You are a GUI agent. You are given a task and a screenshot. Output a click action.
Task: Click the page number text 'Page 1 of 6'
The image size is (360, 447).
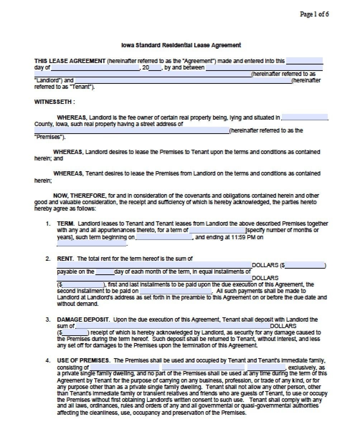(314, 14)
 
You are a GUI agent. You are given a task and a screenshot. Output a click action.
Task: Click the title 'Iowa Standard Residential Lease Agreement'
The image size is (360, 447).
(181, 45)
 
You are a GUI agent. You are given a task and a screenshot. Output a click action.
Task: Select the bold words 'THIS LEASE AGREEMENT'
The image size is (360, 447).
(70, 61)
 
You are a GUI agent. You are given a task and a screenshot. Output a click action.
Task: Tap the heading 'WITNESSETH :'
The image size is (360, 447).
(55, 102)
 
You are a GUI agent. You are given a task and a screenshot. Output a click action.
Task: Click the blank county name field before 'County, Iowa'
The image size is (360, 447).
(304, 117)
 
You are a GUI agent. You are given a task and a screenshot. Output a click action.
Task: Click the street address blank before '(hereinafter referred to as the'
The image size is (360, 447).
(132, 131)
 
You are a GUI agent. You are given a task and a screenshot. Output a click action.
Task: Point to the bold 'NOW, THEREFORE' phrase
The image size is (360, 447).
(79, 196)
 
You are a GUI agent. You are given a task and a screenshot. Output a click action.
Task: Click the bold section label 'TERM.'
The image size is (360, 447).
(66, 223)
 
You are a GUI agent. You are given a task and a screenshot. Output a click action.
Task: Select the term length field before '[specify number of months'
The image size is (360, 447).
(217, 230)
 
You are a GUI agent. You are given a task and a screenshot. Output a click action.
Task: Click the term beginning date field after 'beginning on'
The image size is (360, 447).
(164, 237)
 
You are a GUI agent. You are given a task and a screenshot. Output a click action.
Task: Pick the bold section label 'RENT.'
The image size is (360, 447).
(65, 259)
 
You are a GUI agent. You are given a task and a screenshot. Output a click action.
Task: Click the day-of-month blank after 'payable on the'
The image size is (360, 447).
(105, 272)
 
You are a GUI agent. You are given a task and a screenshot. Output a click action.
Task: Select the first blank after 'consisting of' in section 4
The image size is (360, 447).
(124, 367)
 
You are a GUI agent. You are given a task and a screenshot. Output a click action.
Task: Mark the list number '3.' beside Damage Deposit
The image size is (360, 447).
(48, 319)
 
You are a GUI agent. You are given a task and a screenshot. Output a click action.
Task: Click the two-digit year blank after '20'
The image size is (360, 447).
(155, 68)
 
